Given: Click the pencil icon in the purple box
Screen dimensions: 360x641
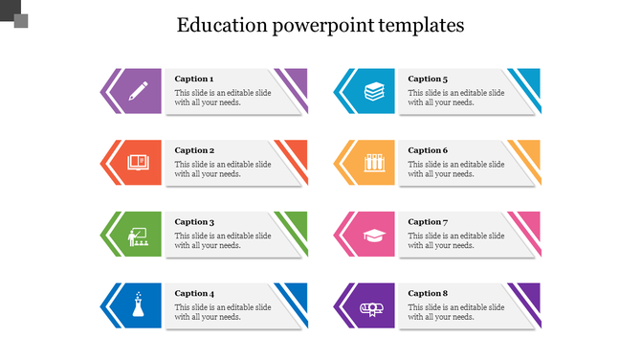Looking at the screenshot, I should pos(138,92).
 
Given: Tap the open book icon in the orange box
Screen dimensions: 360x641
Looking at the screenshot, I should pos(138,163).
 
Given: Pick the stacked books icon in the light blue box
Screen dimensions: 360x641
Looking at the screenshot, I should pos(373,92).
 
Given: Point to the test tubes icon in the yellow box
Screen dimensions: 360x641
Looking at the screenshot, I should pos(373,163).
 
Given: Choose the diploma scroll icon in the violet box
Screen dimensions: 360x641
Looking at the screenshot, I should pos(373,307).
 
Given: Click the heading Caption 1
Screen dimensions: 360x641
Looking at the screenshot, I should pos(194,79).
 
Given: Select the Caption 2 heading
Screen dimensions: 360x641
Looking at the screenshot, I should pos(194,150).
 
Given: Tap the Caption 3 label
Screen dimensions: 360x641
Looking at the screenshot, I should pos(194,222).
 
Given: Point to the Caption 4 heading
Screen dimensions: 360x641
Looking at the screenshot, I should pos(194,293).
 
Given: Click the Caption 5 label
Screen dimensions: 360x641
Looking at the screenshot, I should pos(428,79).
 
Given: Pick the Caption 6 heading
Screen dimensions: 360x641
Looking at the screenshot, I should pos(428,150).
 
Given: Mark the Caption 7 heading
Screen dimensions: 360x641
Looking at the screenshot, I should pos(428,222).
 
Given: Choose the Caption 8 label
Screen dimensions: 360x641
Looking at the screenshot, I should pos(428,293).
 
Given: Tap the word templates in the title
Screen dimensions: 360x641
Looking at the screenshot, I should pos(420,25).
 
